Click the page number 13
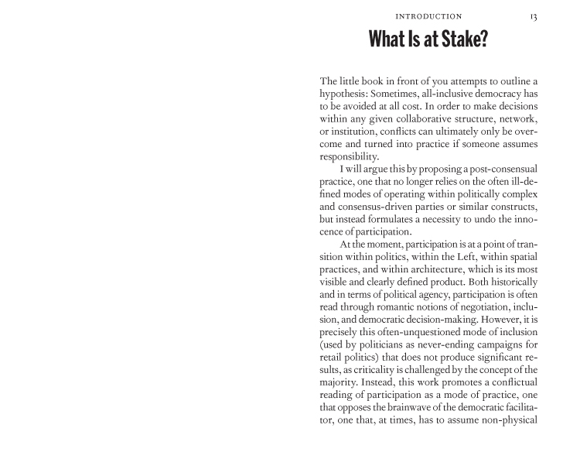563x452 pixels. [534, 15]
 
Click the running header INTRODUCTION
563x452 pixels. [428, 15]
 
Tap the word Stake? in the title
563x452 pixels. [461, 38]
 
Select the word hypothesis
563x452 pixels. [346, 94]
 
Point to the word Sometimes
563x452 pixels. [408, 94]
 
